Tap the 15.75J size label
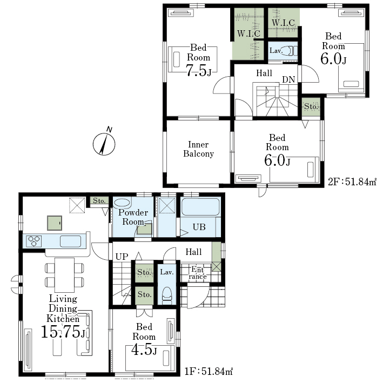coord(63,332)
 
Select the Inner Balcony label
coord(198,149)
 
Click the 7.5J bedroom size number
coord(199,70)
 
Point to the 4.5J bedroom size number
coord(144,350)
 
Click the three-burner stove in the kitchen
coord(34,241)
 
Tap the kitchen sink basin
coord(70,241)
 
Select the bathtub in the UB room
coord(200,207)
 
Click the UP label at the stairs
coord(122,257)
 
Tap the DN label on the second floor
coord(288,79)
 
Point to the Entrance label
coord(198,273)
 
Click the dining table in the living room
coord(64,275)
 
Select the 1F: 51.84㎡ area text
coord(209,372)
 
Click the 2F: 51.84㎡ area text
coord(352,182)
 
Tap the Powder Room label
coord(133,217)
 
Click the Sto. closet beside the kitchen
coord(99,201)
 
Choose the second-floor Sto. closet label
coord(311,106)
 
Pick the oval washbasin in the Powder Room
coord(122,203)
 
